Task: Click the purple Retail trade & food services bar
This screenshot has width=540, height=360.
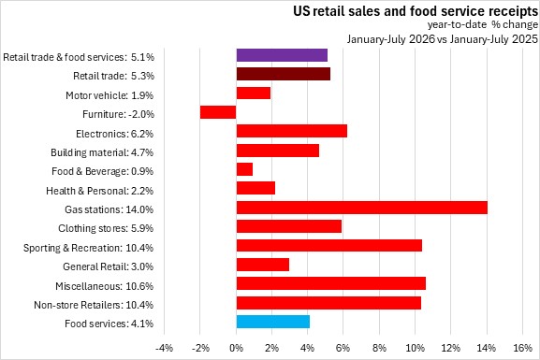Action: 282,55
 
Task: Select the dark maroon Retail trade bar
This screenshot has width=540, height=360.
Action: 283,74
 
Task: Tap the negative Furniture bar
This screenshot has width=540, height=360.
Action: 218,112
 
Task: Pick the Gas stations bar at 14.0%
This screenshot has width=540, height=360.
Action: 362,208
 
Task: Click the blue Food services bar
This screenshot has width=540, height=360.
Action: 272,322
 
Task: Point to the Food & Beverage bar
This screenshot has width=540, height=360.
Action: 244,169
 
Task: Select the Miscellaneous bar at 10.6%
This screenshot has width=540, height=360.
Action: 331,283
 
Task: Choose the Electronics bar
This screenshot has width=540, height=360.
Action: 292,131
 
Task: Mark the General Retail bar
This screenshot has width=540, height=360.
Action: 263,265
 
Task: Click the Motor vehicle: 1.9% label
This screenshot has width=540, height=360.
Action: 109,95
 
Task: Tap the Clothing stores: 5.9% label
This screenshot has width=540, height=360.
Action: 106,228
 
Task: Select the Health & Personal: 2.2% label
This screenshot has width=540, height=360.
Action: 100,191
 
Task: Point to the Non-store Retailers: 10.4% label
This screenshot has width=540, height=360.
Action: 94,305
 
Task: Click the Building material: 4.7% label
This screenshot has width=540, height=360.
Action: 102,152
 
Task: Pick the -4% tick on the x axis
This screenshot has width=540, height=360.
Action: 164,348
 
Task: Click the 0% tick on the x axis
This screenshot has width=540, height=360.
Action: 236,348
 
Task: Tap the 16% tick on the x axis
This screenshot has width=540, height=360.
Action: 522,348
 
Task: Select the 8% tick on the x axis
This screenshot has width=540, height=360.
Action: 379,348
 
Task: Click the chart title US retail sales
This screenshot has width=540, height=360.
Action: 416,11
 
